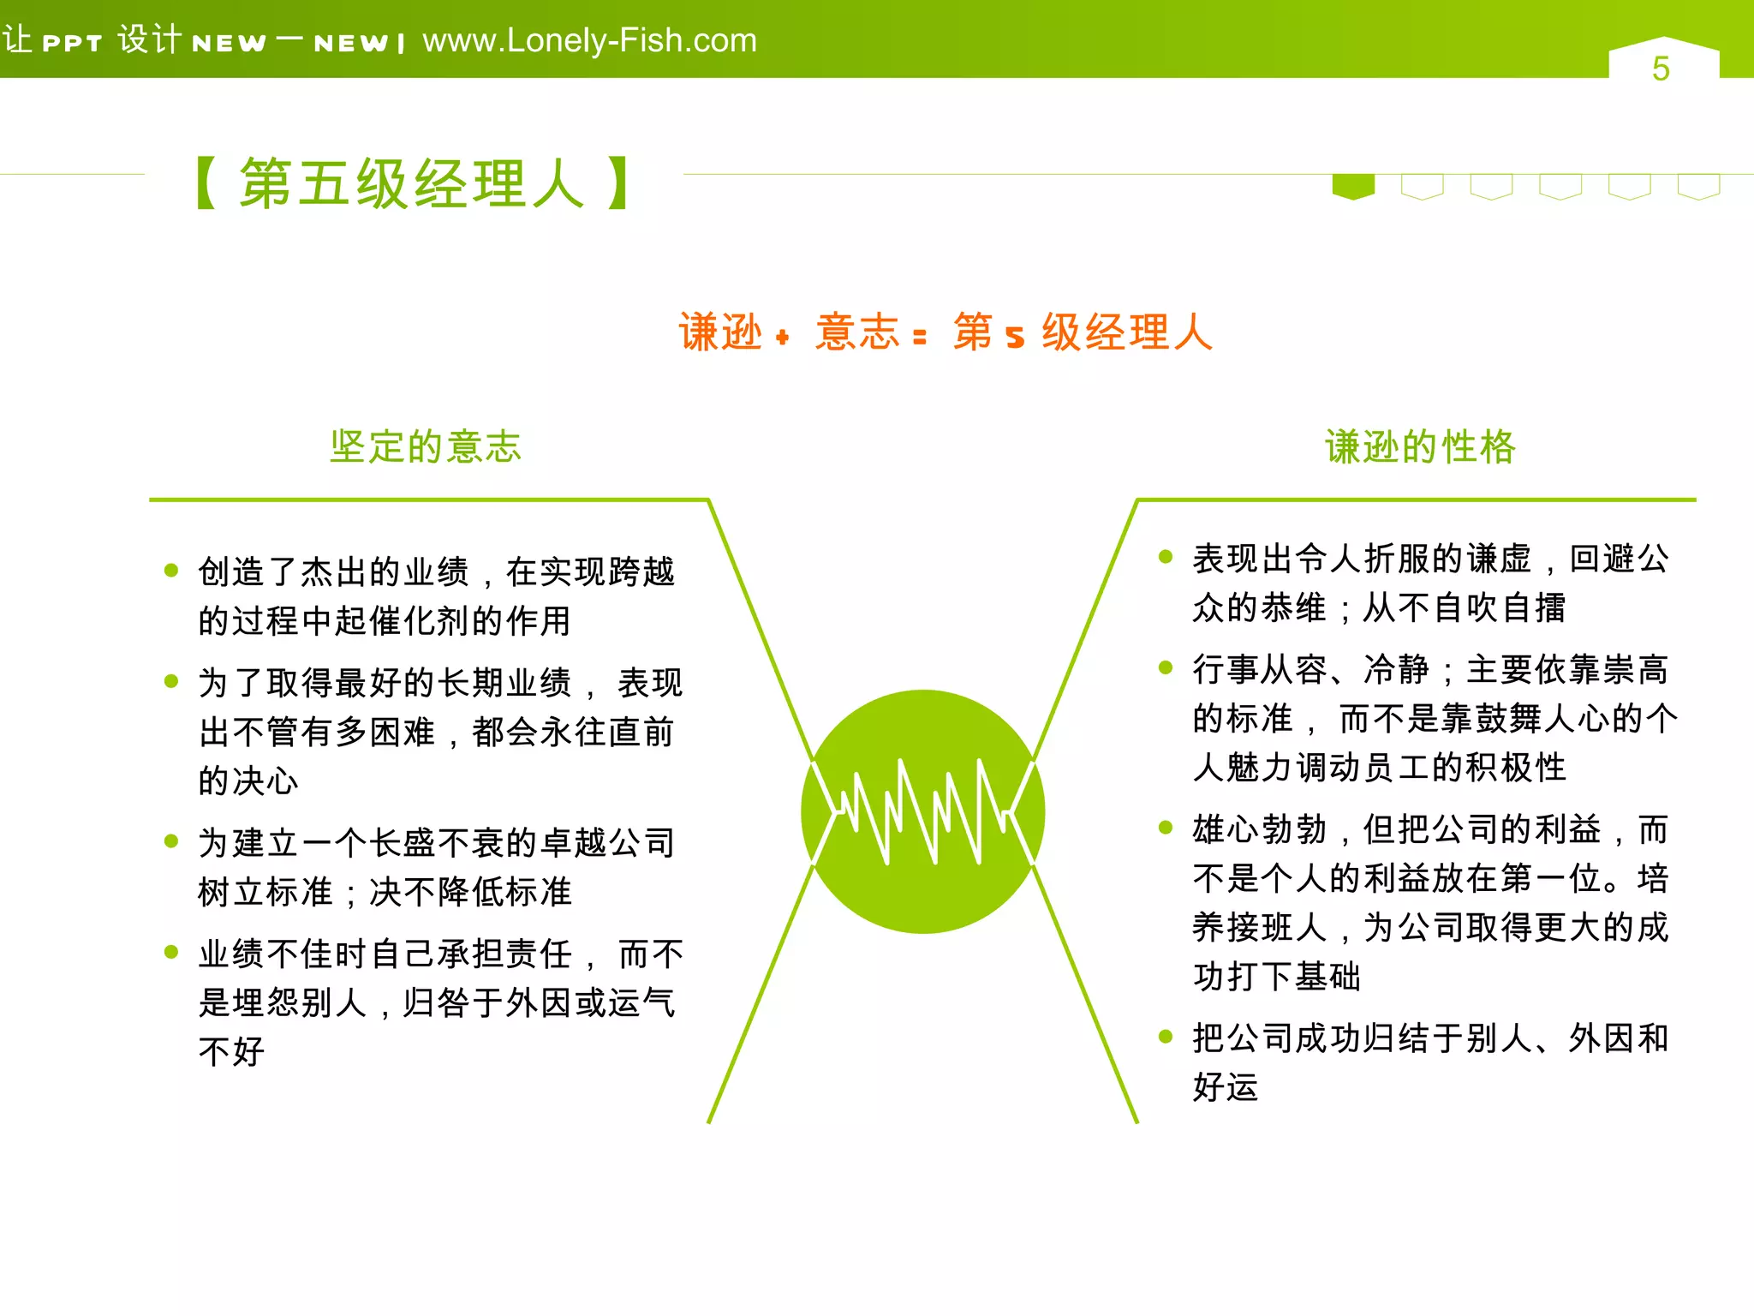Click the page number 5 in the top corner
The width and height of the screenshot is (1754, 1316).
coord(1661,69)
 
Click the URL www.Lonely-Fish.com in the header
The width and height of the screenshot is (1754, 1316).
coord(589,40)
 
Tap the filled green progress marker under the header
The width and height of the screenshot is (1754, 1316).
coord(1353,186)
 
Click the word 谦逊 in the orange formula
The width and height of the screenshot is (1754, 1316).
coord(720,332)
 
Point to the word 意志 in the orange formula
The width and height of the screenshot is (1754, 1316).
coord(856,332)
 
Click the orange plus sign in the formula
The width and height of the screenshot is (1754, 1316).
coord(782,338)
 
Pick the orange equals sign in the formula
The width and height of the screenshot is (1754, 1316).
coord(920,338)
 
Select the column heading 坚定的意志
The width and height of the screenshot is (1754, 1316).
coord(426,446)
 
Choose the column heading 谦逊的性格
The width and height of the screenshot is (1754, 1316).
coord(1420,446)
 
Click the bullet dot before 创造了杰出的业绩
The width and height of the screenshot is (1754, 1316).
coord(171,571)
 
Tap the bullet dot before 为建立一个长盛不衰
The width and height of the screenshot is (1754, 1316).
coord(171,841)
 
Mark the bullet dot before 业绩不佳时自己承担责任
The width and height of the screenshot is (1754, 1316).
coord(171,952)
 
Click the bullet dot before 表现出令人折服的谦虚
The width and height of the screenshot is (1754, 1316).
coord(1165,557)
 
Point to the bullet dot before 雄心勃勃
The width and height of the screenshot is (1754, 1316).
coord(1165,828)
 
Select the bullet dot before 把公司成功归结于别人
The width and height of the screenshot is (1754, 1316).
coord(1165,1037)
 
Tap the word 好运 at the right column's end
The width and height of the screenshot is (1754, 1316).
coord(1226,1087)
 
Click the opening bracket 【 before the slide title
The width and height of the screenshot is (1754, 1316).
coord(206,183)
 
